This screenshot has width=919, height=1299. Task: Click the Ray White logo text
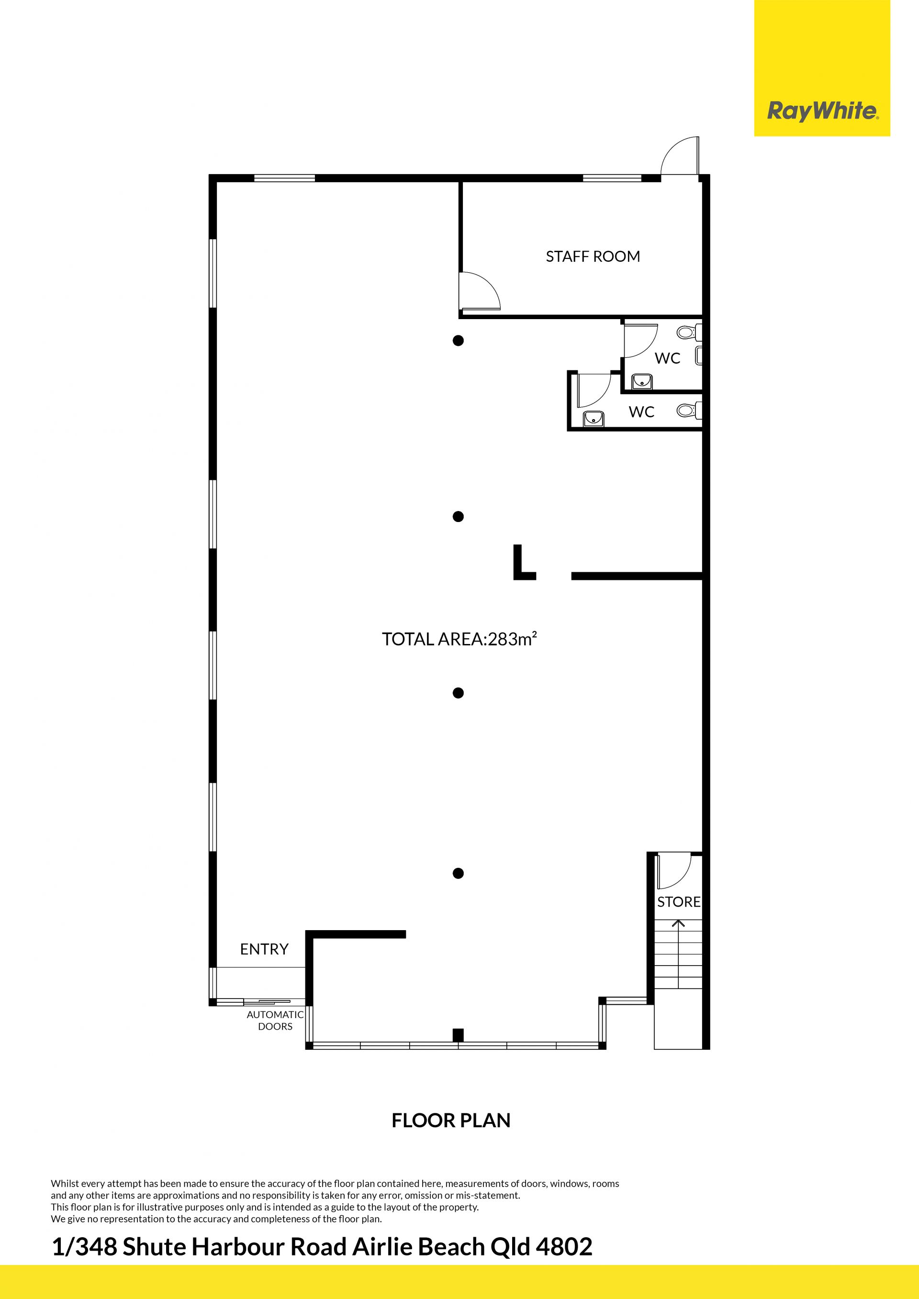(x=822, y=111)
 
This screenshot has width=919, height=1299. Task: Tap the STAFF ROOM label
(x=593, y=256)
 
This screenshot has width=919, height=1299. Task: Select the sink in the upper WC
(x=642, y=382)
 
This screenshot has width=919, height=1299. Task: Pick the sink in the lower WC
(x=593, y=419)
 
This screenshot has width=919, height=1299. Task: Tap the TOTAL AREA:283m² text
(x=459, y=639)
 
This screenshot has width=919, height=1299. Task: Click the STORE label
(x=679, y=902)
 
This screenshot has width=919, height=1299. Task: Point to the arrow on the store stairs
(x=678, y=924)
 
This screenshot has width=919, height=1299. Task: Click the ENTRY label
(x=264, y=949)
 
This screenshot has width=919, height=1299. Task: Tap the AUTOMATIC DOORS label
(x=275, y=1020)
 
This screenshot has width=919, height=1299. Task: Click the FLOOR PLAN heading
(x=451, y=1120)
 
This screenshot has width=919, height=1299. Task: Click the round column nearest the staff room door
(x=459, y=341)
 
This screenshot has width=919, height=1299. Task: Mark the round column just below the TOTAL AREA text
(x=459, y=693)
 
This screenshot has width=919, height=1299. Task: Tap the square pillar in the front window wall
(x=459, y=1035)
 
